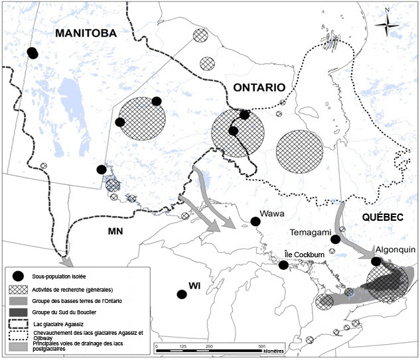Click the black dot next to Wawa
(255, 222)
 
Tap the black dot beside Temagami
(336, 239)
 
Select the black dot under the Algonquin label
(376, 261)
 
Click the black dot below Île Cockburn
(283, 265)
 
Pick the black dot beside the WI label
(180, 294)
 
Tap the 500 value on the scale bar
(261, 346)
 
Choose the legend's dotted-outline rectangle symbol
(19, 335)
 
